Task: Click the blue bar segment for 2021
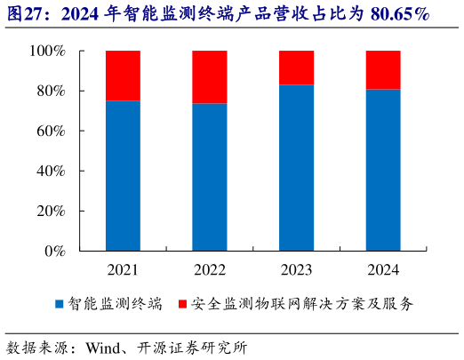tap(123, 175)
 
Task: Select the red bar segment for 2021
tap(123, 76)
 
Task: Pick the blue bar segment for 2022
tap(210, 177)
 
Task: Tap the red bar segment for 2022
tap(210, 77)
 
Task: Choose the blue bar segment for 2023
tap(297, 167)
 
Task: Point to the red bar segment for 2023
tap(297, 68)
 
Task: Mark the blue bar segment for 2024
tap(383, 170)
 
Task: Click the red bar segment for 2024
tap(383, 70)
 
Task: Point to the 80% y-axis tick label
tap(51, 92)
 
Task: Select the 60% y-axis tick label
tap(51, 132)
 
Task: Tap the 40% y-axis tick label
tap(51, 171)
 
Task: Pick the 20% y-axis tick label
tap(51, 211)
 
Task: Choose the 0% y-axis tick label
tap(54, 251)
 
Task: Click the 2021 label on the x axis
tap(123, 269)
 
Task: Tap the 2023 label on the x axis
tap(297, 269)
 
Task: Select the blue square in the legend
tap(60, 304)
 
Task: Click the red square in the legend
tap(182, 304)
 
